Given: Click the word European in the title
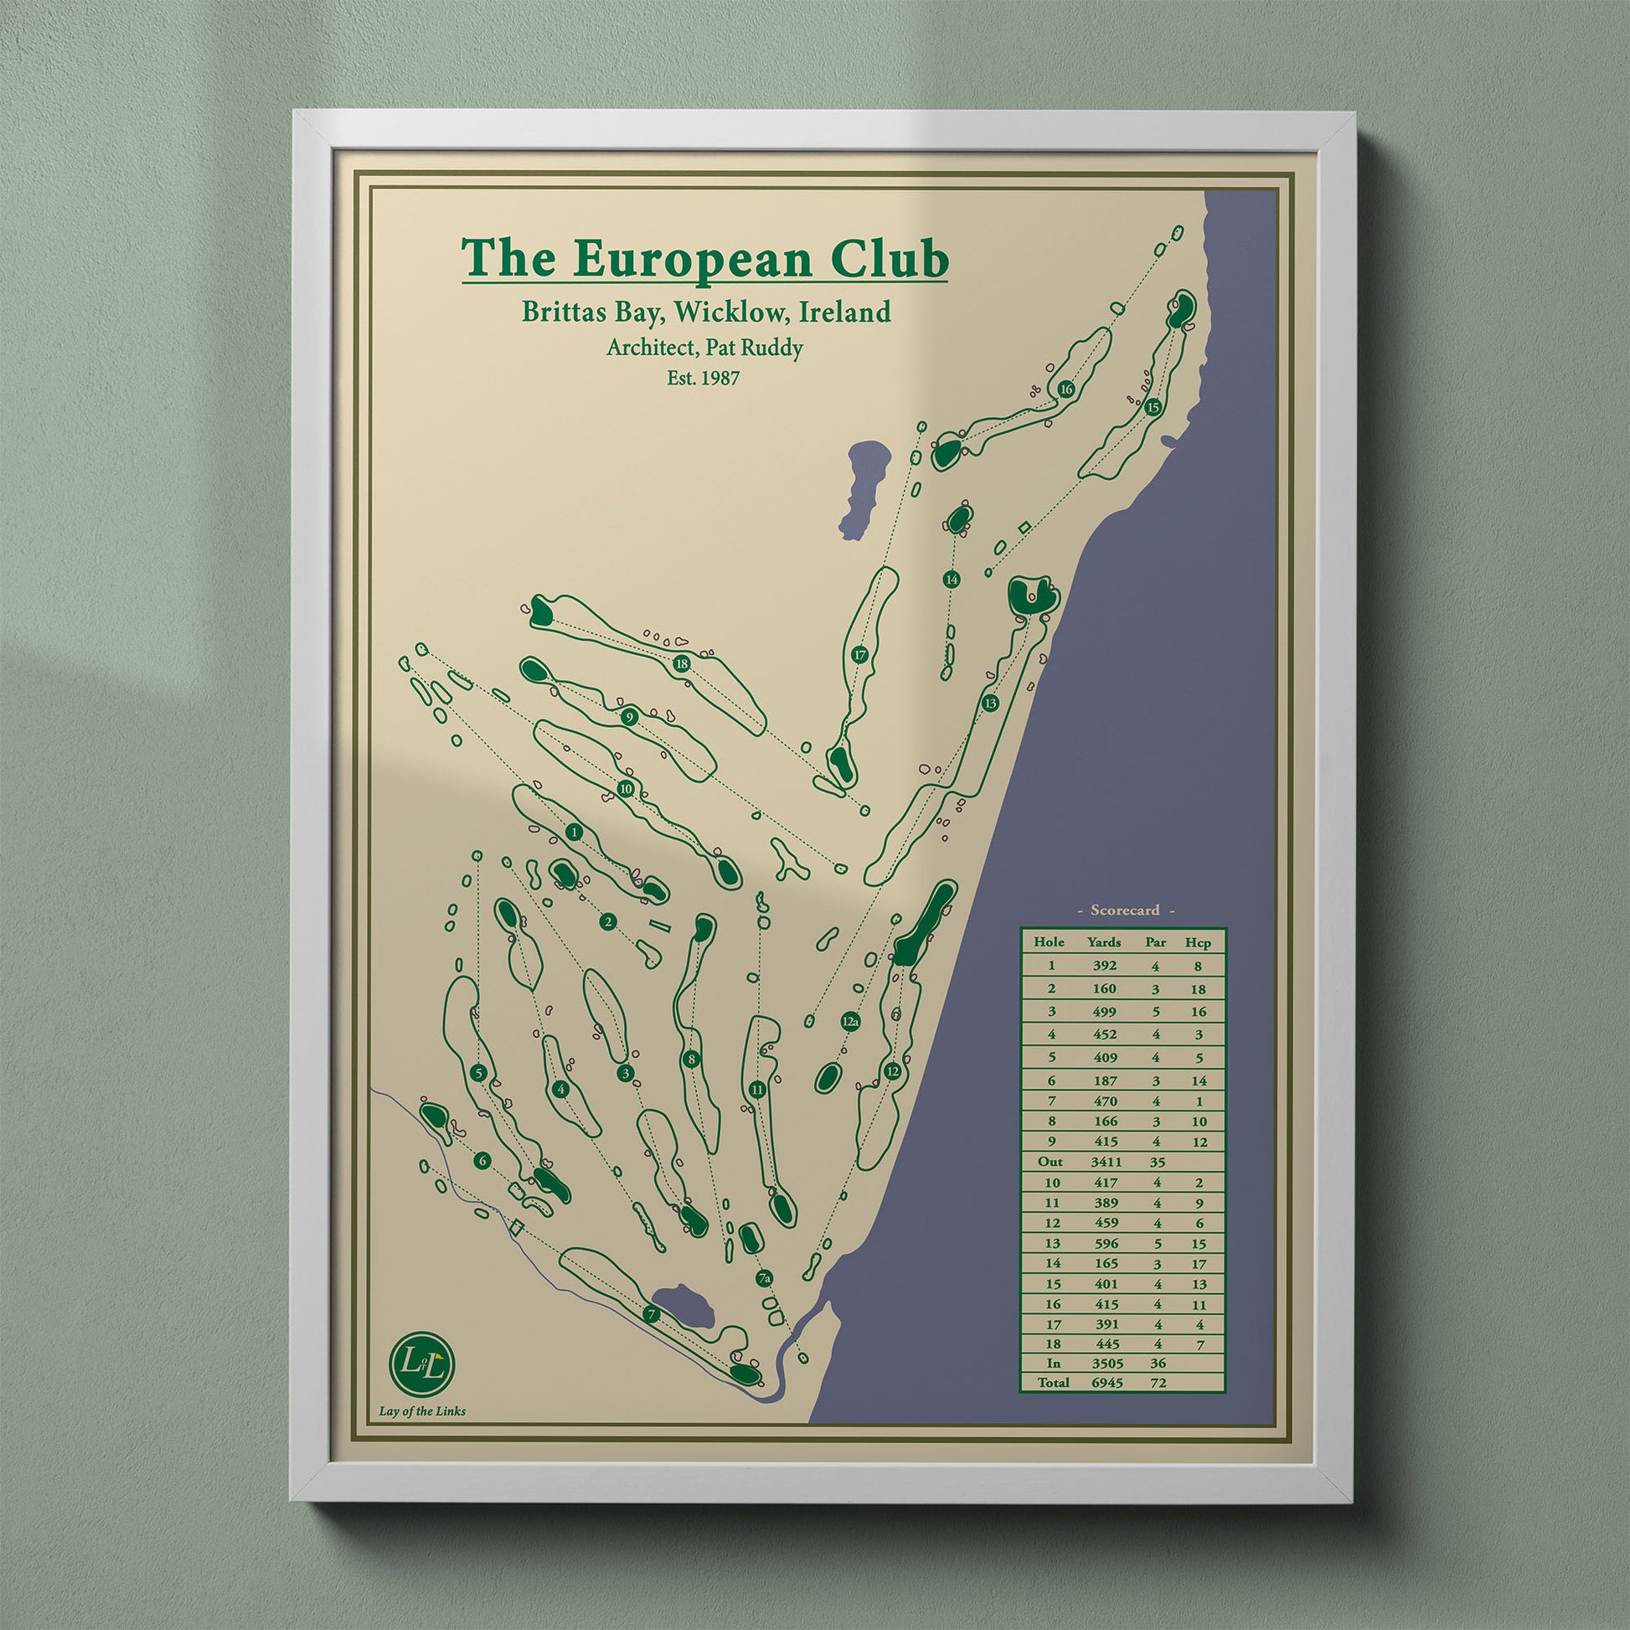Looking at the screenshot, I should coord(694,259).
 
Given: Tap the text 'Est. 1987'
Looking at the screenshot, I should coord(703,379).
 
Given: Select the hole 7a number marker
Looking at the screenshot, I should coord(765,1279).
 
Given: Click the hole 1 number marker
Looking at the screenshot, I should coord(575,833).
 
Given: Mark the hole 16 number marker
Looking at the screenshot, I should coord(1065,389).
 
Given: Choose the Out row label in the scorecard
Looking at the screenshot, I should coord(1051,1161).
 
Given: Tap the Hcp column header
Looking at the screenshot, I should coord(1197,942).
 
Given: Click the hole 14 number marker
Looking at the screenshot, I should coord(952,579).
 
